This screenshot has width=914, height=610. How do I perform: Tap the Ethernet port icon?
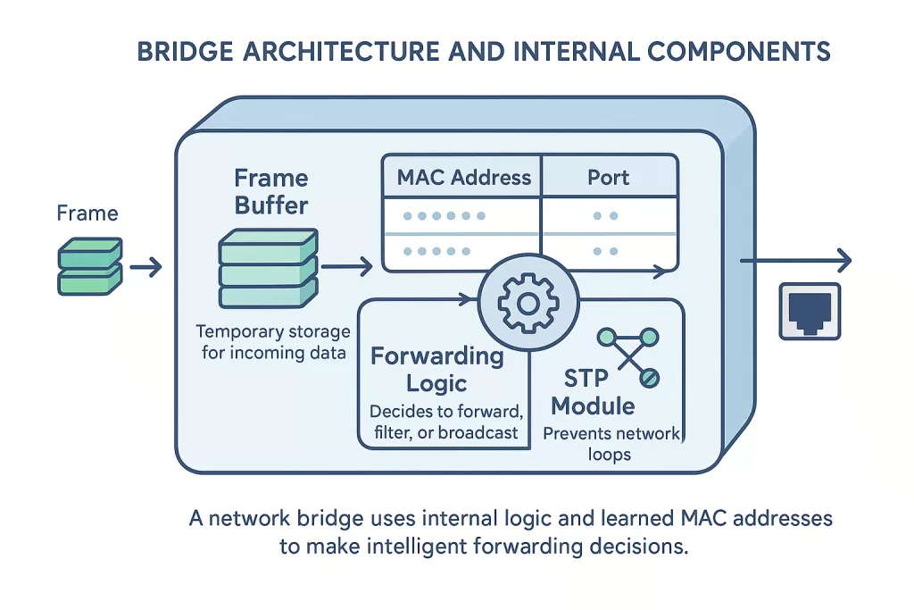coord(810,311)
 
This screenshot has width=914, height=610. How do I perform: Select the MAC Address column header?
coord(463,177)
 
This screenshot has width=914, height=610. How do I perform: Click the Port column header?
coord(609,177)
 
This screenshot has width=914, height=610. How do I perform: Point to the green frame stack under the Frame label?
coord(88,266)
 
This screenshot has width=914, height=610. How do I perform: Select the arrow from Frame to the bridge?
coord(145,266)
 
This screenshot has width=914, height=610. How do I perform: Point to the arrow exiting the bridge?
coord(794,261)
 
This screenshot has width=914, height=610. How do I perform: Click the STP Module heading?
coord(593,392)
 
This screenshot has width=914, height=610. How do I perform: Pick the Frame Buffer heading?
coord(271,191)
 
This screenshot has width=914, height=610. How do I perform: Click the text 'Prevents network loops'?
coord(611,444)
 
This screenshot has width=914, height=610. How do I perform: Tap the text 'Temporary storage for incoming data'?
coord(273,341)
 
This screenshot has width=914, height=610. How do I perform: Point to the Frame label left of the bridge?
coord(87,213)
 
